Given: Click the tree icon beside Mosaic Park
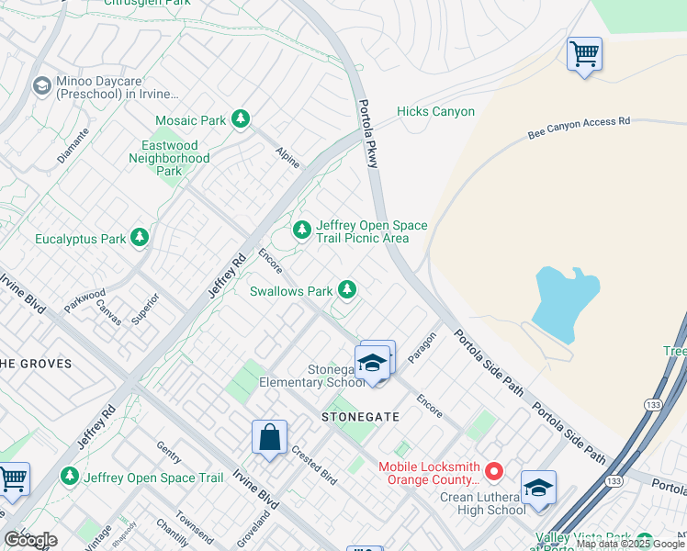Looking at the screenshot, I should click(x=241, y=119).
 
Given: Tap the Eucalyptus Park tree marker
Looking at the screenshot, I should click(x=140, y=239).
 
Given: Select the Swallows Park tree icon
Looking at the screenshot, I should click(x=346, y=290).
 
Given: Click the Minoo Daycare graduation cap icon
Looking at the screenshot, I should click(x=41, y=86).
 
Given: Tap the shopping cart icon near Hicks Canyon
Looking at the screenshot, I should click(x=584, y=54).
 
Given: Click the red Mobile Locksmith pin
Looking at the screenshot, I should click(x=494, y=472).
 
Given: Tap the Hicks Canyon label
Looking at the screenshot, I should click(x=435, y=112).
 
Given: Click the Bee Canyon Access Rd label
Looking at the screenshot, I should click(x=579, y=128).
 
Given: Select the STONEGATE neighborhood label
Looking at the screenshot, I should click(x=360, y=416).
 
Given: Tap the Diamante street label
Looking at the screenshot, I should click(x=73, y=145).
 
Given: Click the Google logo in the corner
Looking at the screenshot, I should click(x=30, y=540).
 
